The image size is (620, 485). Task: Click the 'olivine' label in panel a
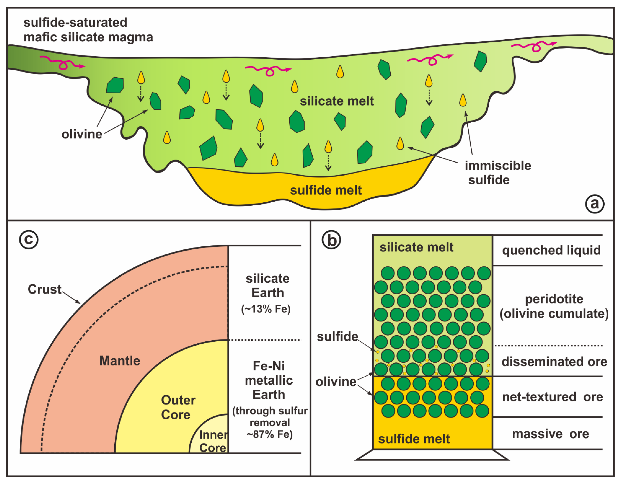pos(82,134)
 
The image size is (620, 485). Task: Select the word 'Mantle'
pos(120,361)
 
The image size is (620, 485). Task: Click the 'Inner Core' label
pos(213,441)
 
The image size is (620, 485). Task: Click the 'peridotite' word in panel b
pos(554,299)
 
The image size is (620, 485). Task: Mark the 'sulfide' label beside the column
pos(337,336)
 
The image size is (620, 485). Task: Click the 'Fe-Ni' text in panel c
pos(269,366)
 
